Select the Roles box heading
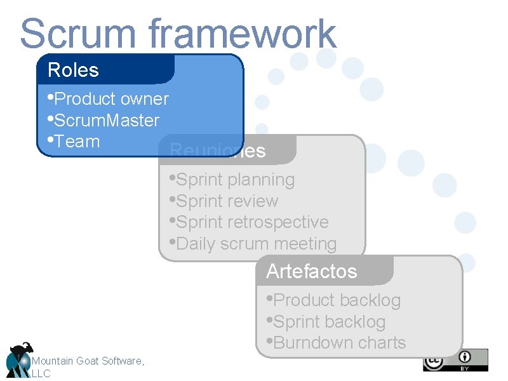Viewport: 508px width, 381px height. coord(73,70)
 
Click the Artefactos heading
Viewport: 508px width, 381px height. coord(312,271)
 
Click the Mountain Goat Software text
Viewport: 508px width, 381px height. coord(88,361)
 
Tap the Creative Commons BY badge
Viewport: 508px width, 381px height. coord(455,360)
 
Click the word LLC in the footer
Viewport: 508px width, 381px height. coord(41,373)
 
